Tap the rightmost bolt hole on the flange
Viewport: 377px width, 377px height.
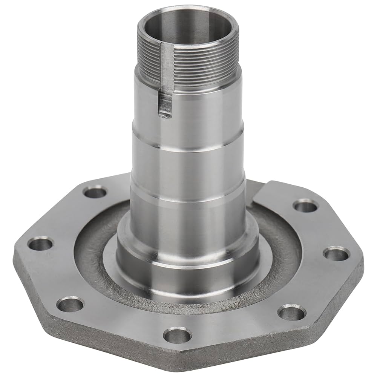336,254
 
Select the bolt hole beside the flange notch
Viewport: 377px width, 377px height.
306,206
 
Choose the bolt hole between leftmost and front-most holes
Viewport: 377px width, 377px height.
72,303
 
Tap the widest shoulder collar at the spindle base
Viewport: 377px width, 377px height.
188,279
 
